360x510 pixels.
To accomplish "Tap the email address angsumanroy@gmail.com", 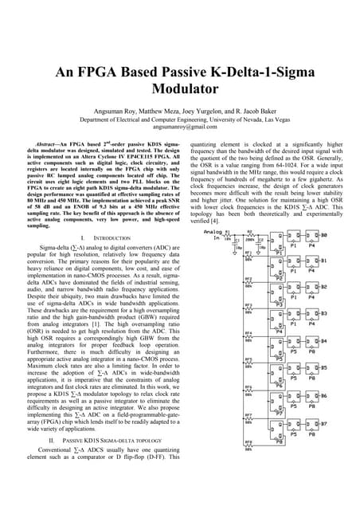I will click(180, 126).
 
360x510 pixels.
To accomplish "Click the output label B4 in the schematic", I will click(324, 341).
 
